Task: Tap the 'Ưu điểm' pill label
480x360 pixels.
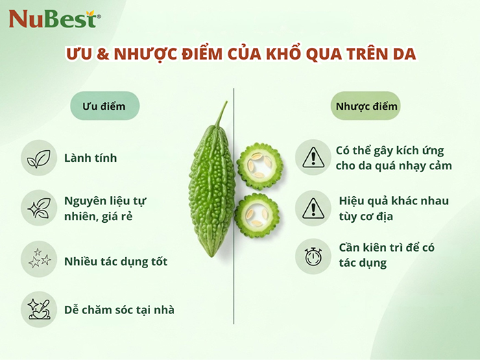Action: click(x=104, y=106)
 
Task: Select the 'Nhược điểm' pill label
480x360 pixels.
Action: click(x=366, y=106)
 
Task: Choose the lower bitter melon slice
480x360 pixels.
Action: click(x=256, y=215)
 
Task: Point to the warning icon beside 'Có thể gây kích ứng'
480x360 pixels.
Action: click(x=313, y=158)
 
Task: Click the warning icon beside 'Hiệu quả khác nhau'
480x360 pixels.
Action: click(x=313, y=208)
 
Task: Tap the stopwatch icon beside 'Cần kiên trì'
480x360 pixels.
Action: click(x=313, y=256)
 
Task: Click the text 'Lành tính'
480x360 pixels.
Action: click(x=91, y=158)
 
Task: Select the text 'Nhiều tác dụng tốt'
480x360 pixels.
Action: click(x=116, y=261)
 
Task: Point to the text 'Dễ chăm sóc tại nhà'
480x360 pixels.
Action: click(x=119, y=310)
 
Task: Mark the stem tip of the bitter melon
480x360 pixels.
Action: click(x=224, y=104)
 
